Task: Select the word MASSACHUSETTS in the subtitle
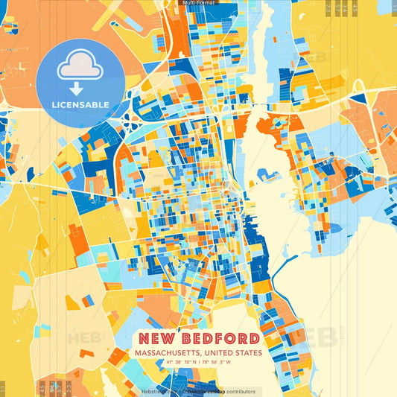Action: click(x=166, y=353)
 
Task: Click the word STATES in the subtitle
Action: click(x=249, y=353)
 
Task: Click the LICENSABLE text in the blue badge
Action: click(x=80, y=104)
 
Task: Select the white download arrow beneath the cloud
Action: click(x=77, y=88)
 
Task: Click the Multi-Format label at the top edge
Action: click(x=197, y=3)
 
